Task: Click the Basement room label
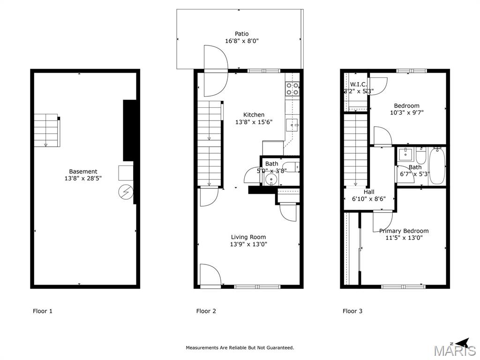pyautogui.click(x=83, y=172)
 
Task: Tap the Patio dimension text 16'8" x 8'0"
pyautogui.click(x=242, y=41)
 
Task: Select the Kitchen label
pyautogui.click(x=254, y=115)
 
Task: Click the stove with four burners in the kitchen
pyautogui.click(x=292, y=89)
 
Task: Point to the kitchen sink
pyautogui.click(x=292, y=125)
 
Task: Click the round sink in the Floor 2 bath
pyautogui.click(x=271, y=179)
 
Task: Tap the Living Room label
pyautogui.click(x=248, y=237)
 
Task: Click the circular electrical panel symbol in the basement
pyautogui.click(x=126, y=192)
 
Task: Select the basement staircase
pyautogui.click(x=46, y=130)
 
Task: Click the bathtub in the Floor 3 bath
pyautogui.click(x=437, y=166)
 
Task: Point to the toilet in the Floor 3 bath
pyautogui.click(x=420, y=156)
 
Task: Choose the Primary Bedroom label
pyautogui.click(x=404, y=231)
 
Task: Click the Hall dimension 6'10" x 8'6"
pyautogui.click(x=369, y=199)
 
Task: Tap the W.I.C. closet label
pyautogui.click(x=359, y=84)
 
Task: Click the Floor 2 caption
pyautogui.click(x=206, y=311)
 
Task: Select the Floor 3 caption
pyautogui.click(x=352, y=311)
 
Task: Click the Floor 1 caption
pyautogui.click(x=43, y=311)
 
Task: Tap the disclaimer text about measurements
pyautogui.click(x=240, y=347)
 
